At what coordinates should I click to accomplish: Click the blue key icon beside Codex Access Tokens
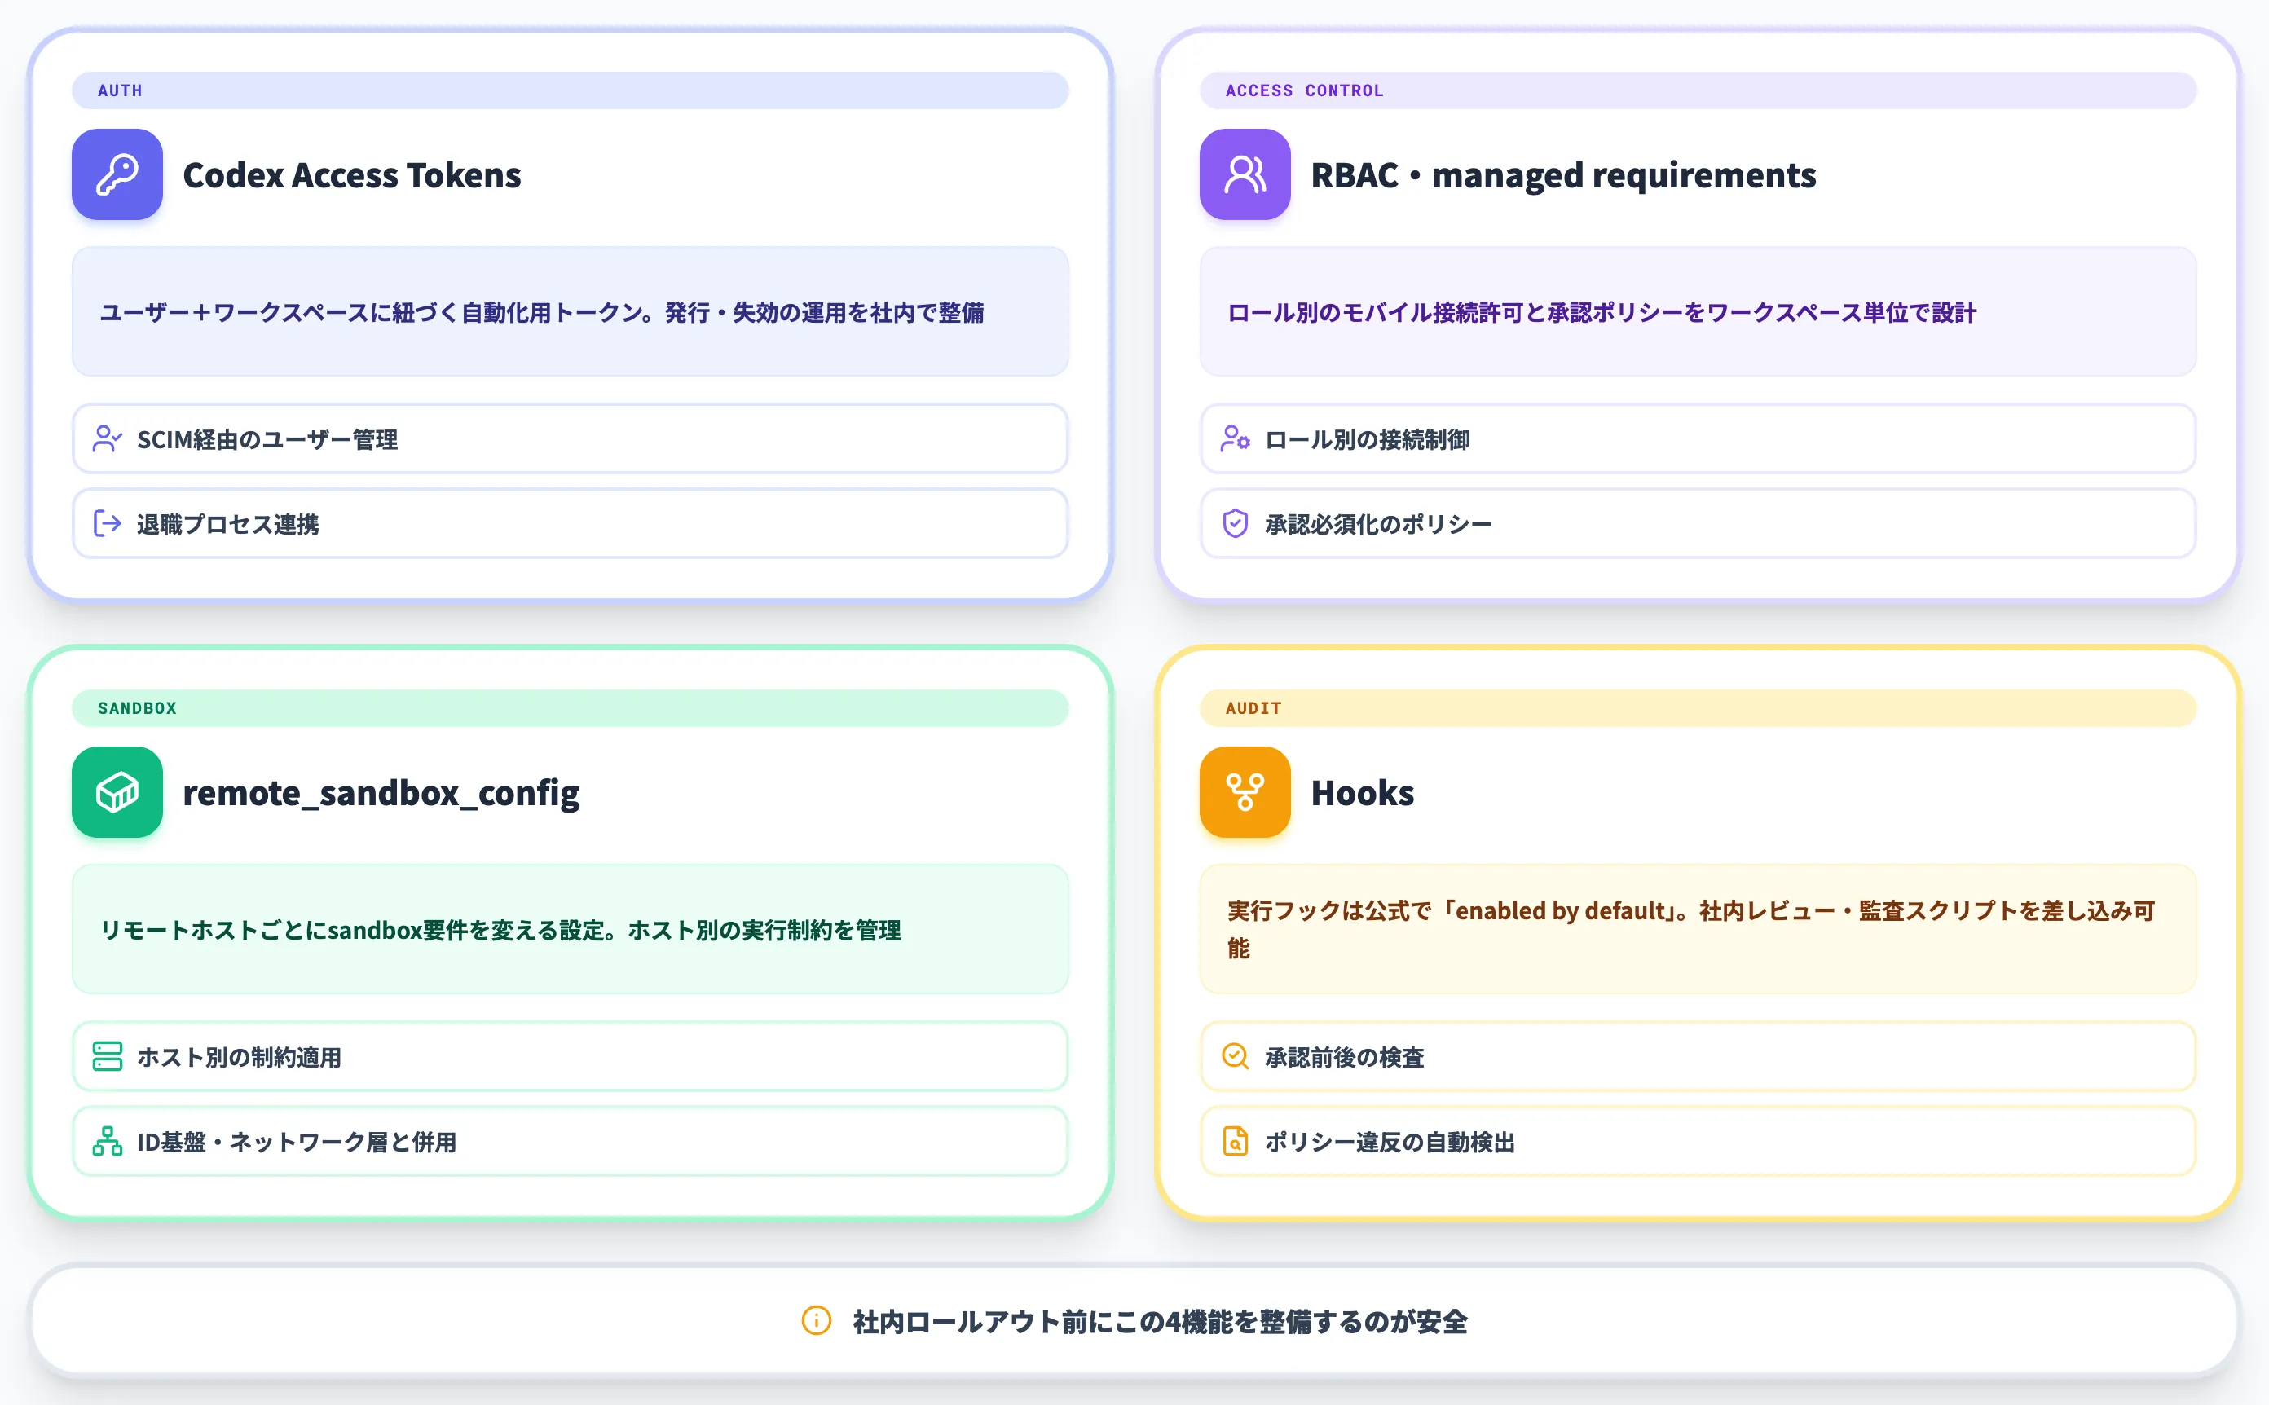(117, 174)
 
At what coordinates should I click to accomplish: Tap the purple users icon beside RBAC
(1245, 174)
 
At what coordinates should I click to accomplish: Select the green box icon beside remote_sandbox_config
(117, 791)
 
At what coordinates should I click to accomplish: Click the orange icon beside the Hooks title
(1245, 791)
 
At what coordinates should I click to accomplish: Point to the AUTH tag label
(120, 90)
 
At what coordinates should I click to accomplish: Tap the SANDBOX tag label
(137, 708)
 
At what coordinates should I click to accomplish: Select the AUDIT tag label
(1253, 708)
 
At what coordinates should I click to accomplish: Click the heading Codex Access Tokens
(352, 174)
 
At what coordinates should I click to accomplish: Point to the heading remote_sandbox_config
(381, 793)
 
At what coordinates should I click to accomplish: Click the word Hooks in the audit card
(1362, 793)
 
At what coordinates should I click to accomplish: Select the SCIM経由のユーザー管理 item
(267, 439)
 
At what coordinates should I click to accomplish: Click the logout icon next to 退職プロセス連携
(108, 524)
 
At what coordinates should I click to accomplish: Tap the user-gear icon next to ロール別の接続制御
(1235, 438)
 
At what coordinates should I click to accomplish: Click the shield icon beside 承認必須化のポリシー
(1235, 523)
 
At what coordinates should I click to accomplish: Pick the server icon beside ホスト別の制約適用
(108, 1056)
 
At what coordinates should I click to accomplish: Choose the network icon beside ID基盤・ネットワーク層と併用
(108, 1141)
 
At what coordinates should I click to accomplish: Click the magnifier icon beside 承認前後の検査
(1235, 1056)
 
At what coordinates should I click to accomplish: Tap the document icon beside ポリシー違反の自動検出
(1235, 1141)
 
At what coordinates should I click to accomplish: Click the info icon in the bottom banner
(816, 1320)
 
